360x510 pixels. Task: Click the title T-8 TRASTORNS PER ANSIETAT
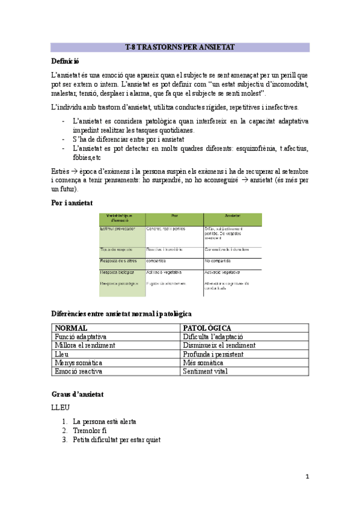180,47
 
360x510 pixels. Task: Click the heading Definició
66,61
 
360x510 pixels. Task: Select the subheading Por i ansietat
72,203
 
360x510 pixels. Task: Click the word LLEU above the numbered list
61,408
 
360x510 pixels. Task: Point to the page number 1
307,477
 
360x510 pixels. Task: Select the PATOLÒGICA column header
207,328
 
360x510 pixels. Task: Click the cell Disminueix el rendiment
219,346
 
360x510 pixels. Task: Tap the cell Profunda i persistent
213,354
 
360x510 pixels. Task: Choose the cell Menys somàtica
78,363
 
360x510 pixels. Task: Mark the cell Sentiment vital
206,372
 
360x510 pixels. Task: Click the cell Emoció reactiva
79,372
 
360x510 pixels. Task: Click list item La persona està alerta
104,422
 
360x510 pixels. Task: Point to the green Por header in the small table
174,216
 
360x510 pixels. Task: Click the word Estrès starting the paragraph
61,171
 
